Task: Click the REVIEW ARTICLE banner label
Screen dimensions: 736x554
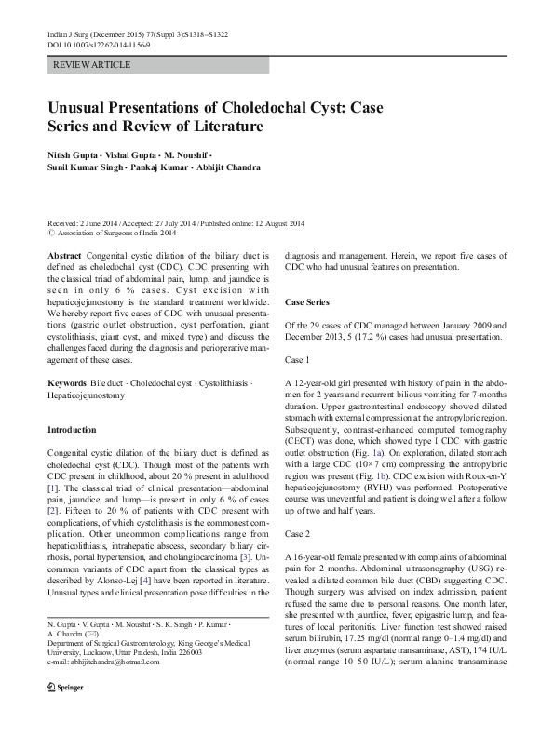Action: coord(93,65)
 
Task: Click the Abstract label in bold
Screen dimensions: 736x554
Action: coord(63,254)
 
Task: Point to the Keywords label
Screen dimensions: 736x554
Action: coord(70,383)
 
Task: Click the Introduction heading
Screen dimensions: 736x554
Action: coord(71,430)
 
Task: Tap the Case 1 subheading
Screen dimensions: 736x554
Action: coord(298,359)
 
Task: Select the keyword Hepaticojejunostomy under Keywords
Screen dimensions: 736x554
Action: coord(87,395)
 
